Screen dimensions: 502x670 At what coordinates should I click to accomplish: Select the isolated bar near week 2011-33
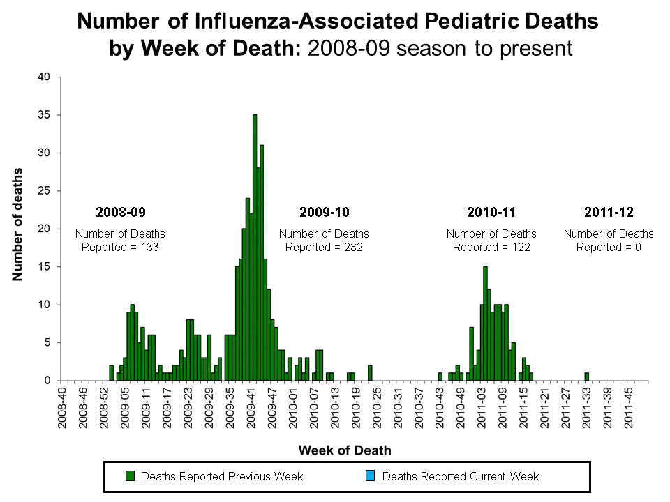point(586,376)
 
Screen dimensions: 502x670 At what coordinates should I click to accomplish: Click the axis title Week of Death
point(345,450)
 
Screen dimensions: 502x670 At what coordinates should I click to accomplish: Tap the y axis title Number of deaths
point(17,224)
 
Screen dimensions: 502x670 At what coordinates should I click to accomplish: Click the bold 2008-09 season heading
point(120,212)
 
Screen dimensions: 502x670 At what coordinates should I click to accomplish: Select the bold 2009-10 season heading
point(325,212)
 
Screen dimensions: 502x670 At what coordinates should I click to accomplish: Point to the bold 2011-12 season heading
point(609,212)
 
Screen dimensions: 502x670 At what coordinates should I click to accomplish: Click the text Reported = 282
point(324,247)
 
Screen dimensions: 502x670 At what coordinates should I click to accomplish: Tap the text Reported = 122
point(491,247)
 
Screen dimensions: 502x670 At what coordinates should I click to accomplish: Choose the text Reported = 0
point(609,247)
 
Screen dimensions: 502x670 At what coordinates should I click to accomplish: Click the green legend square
point(130,476)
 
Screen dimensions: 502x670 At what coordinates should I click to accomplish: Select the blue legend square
point(371,476)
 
